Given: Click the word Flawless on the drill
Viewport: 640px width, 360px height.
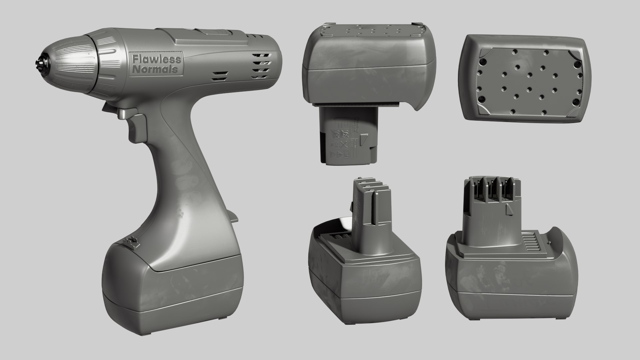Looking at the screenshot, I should click(156, 59).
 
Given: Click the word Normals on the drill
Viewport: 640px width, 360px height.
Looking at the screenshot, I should click(155, 70).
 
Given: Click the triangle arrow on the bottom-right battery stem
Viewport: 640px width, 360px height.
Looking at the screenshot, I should click(509, 209).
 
